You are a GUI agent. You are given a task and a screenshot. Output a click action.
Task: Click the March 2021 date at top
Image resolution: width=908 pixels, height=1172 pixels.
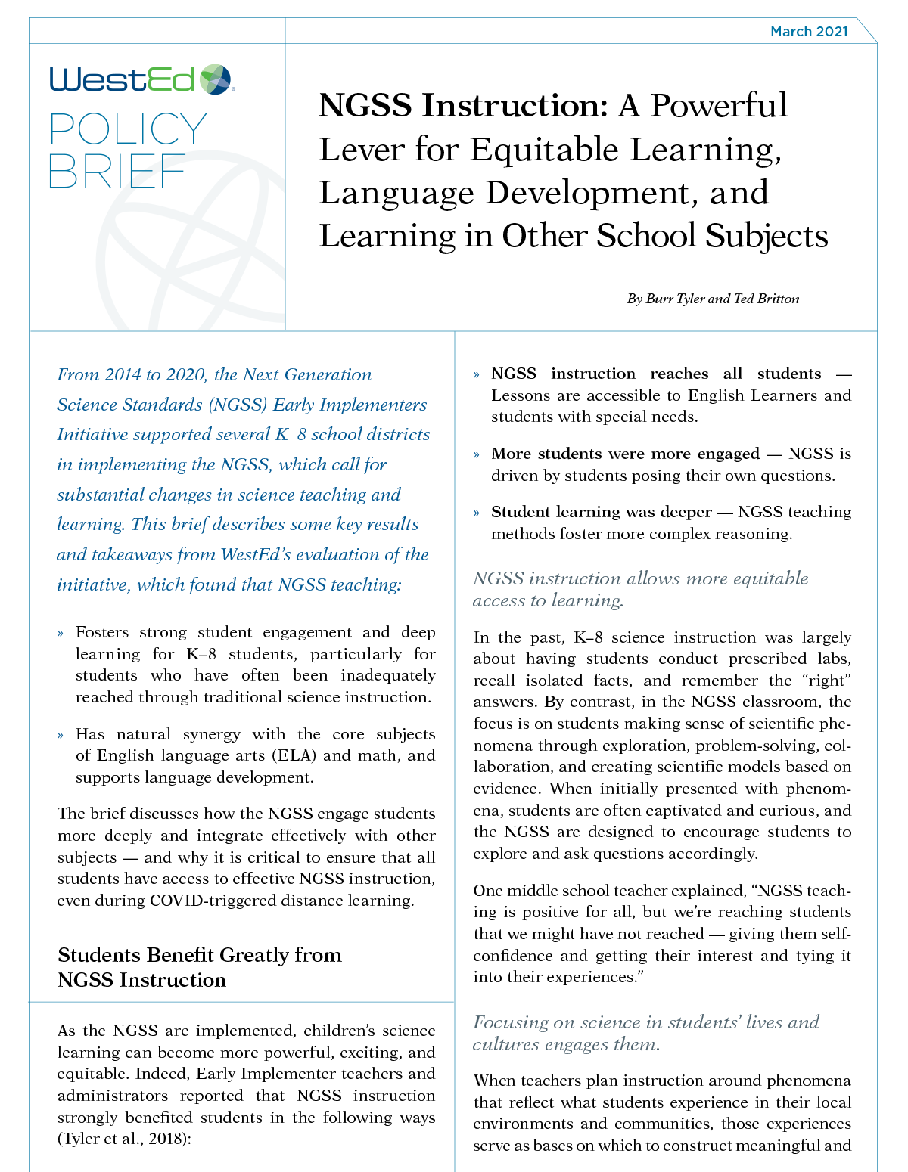pos(808,32)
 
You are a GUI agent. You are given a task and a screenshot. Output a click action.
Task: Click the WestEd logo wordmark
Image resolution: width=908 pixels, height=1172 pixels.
pos(122,79)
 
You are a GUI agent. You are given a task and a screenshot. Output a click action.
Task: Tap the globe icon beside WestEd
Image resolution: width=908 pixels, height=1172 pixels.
pos(216,79)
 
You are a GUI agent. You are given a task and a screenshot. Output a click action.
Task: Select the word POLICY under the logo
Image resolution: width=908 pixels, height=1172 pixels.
pos(128,129)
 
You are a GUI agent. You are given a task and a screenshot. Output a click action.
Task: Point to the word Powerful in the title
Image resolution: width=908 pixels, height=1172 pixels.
pos(719,106)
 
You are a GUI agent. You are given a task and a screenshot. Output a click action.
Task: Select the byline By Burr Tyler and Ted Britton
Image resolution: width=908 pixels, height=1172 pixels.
pos(713,299)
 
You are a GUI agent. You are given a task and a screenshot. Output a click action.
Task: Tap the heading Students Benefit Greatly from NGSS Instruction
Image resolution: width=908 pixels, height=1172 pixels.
pos(199,967)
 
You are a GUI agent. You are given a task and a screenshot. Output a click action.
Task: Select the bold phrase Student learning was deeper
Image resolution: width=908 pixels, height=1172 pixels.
pos(602,512)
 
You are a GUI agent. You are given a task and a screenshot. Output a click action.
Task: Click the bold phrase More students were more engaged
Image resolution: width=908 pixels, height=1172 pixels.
pos(625,454)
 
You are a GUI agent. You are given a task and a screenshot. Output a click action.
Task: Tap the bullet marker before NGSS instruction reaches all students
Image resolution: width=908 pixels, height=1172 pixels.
pos(477,374)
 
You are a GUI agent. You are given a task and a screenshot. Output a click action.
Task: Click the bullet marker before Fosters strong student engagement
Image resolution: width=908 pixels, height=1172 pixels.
pos(61,633)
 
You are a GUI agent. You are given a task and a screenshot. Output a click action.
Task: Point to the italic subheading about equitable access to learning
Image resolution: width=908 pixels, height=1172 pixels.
pos(640,589)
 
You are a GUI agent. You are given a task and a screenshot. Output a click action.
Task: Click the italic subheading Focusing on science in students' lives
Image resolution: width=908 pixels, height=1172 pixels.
pos(645,1033)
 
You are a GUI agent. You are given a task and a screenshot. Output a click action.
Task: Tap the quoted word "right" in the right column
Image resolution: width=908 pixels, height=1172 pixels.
pos(830,681)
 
